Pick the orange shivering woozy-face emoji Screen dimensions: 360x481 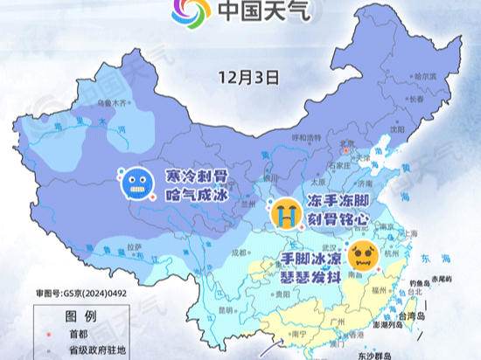point(361,256)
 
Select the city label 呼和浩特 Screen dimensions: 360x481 point(307,137)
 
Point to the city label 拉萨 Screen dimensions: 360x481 point(133,247)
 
